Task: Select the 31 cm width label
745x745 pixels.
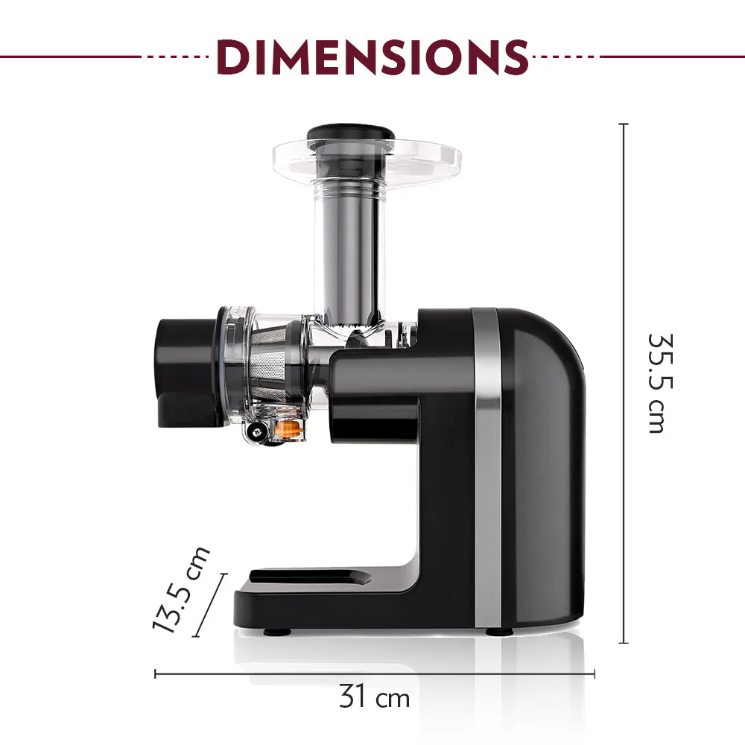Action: (x=374, y=698)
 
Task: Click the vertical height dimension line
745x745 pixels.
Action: (x=624, y=384)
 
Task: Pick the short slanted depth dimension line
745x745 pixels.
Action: (x=209, y=605)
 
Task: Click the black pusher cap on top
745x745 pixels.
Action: (x=351, y=135)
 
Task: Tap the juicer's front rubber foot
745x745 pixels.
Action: (x=277, y=632)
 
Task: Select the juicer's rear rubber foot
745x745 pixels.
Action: (x=499, y=632)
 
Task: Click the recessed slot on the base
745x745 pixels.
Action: (x=309, y=577)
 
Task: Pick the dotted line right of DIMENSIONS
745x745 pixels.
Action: (x=565, y=56)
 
